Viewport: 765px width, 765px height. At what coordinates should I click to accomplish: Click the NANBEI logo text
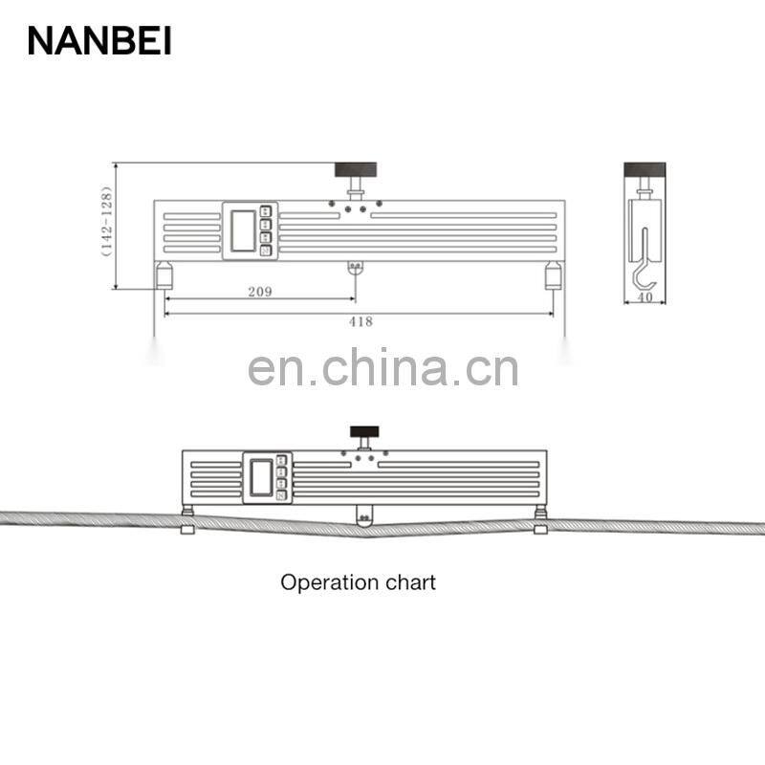click(99, 40)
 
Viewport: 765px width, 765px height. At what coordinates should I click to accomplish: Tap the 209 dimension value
click(259, 292)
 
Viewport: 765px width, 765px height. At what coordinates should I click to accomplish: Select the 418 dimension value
click(361, 321)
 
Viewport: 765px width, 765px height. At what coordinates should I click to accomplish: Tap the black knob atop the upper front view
click(355, 170)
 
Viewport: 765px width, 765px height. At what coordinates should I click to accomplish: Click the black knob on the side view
click(645, 169)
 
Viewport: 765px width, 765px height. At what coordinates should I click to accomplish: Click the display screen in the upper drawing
click(241, 230)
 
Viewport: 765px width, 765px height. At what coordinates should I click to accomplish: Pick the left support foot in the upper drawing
click(164, 276)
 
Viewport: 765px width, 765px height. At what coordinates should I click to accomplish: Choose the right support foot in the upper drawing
click(554, 276)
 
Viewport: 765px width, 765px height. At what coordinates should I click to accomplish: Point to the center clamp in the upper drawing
click(355, 267)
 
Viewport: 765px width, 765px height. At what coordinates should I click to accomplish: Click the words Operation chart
click(358, 581)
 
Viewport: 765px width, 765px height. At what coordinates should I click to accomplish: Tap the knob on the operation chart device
click(363, 431)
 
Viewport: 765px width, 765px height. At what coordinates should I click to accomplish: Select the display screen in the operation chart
click(259, 476)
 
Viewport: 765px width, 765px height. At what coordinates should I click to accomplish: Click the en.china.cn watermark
click(382, 368)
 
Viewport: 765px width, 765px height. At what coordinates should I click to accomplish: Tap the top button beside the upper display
click(266, 211)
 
